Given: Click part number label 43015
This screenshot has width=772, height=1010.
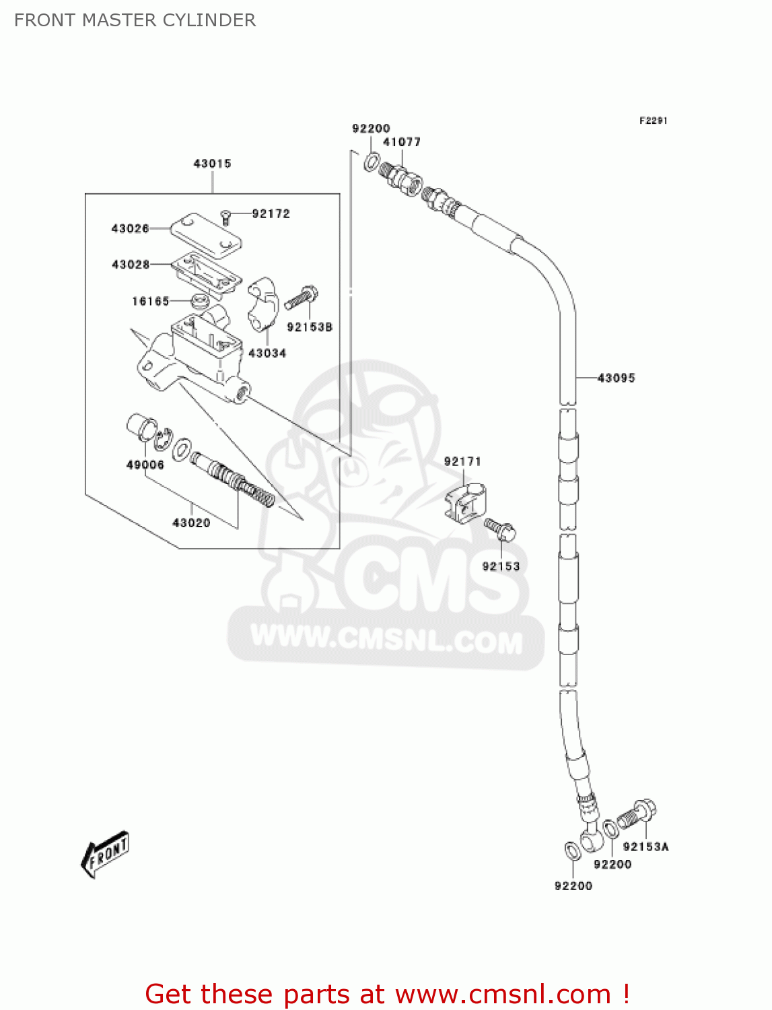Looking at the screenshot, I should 212,164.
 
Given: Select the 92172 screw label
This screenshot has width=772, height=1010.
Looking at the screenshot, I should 271,214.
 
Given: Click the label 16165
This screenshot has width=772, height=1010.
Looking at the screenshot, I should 150,301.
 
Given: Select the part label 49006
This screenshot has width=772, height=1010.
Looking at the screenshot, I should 145,465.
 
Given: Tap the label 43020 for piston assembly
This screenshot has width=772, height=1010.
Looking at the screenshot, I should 191,523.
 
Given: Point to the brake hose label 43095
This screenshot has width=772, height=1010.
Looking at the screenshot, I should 616,378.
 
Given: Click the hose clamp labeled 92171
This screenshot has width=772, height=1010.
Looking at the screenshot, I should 465,502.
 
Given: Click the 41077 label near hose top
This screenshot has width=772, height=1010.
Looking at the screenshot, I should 402,142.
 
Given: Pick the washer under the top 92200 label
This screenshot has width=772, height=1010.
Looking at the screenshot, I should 372,162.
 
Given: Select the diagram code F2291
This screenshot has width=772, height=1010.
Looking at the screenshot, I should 653,121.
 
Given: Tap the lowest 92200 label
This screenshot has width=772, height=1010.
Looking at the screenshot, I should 573,886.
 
